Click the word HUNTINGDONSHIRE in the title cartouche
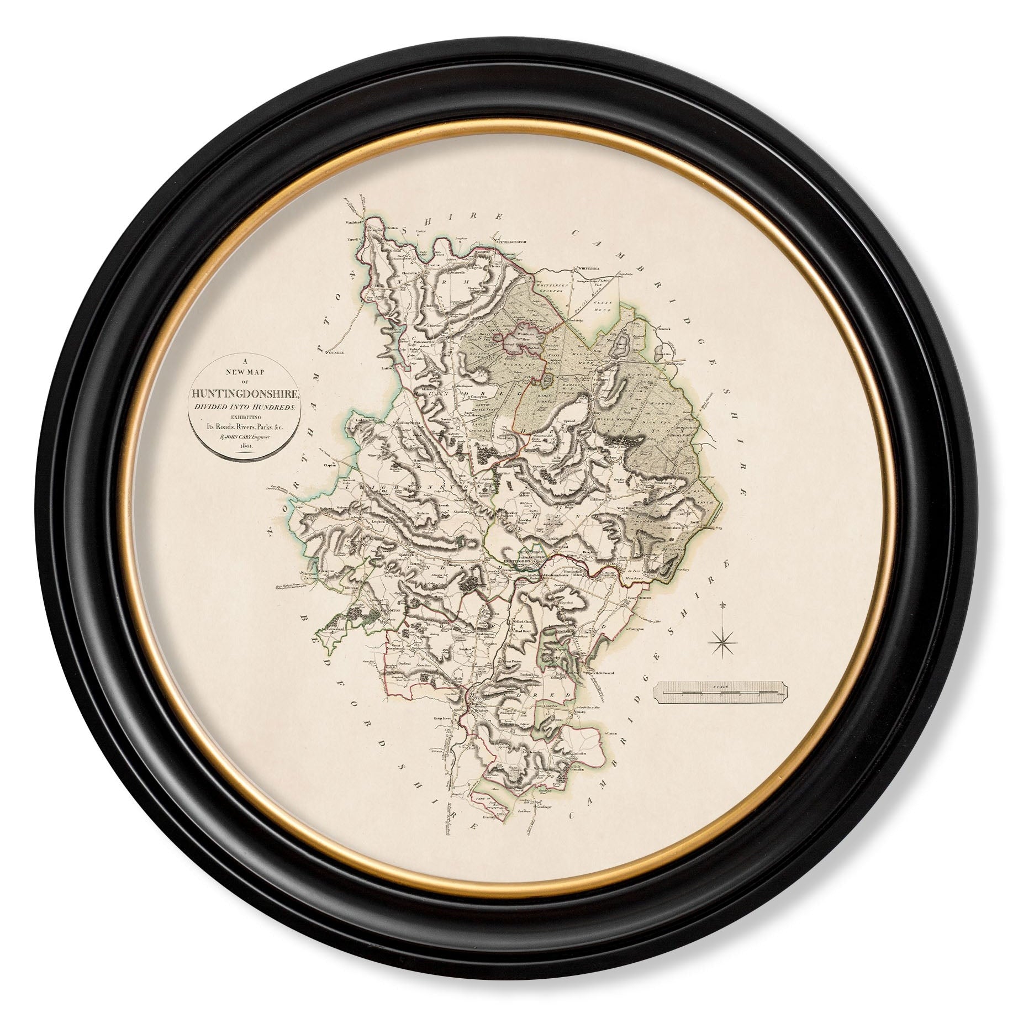click(244, 393)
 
